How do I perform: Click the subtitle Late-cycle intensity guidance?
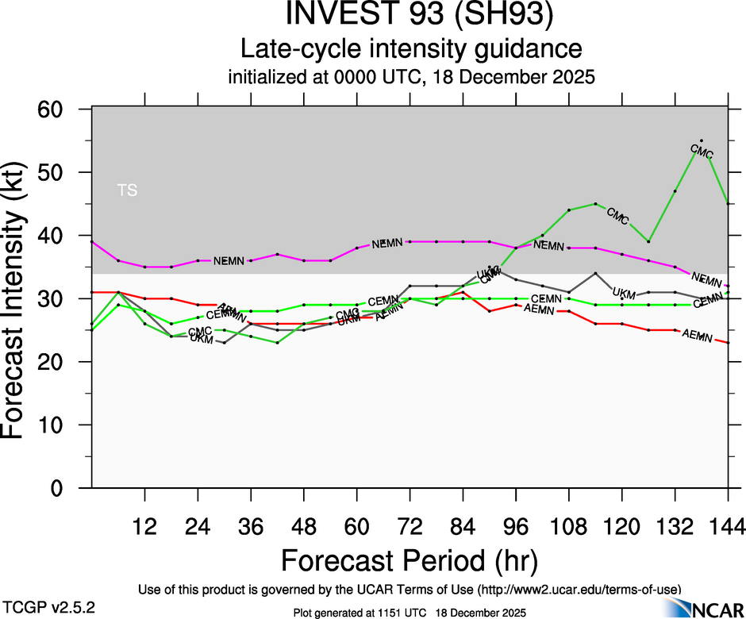412,49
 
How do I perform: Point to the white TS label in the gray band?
127,190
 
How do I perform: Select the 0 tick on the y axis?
73,488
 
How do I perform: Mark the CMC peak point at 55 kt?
701,140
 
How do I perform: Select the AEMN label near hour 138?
698,335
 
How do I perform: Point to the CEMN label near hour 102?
546,299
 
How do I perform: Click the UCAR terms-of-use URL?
579,589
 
